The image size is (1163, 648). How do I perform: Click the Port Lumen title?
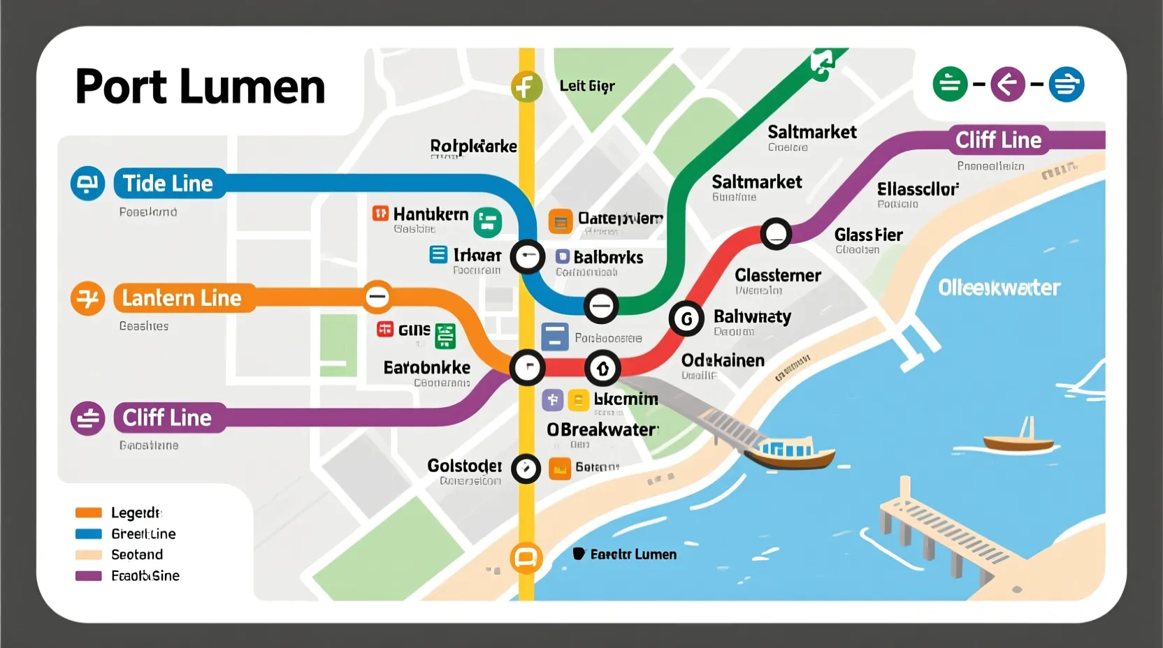click(200, 87)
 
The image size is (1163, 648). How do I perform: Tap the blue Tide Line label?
click(168, 184)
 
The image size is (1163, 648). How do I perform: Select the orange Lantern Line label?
click(182, 298)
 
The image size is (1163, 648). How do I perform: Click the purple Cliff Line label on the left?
click(168, 418)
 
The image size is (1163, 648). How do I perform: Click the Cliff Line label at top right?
click(998, 140)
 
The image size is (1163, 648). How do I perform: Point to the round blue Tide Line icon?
click(87, 184)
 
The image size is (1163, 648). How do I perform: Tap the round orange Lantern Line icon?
click(87, 299)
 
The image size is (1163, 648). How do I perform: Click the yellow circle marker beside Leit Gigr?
click(526, 87)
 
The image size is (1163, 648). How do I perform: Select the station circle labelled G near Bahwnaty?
click(686, 319)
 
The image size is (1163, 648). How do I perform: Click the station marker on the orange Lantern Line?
click(377, 297)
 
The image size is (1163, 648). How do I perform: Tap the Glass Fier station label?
click(868, 235)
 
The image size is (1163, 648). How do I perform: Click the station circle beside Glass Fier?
click(776, 234)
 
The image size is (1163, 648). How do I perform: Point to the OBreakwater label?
click(602, 429)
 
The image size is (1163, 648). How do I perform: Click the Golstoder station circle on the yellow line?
click(526, 469)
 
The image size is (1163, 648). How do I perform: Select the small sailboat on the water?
click(1018, 438)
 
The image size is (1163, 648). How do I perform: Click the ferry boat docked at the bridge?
click(790, 452)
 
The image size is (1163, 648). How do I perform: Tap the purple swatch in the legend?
click(89, 575)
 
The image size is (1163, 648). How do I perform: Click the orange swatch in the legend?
click(89, 513)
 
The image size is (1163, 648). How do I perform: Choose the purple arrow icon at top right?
click(1007, 84)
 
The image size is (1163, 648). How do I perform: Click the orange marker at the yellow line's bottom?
click(526, 558)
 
